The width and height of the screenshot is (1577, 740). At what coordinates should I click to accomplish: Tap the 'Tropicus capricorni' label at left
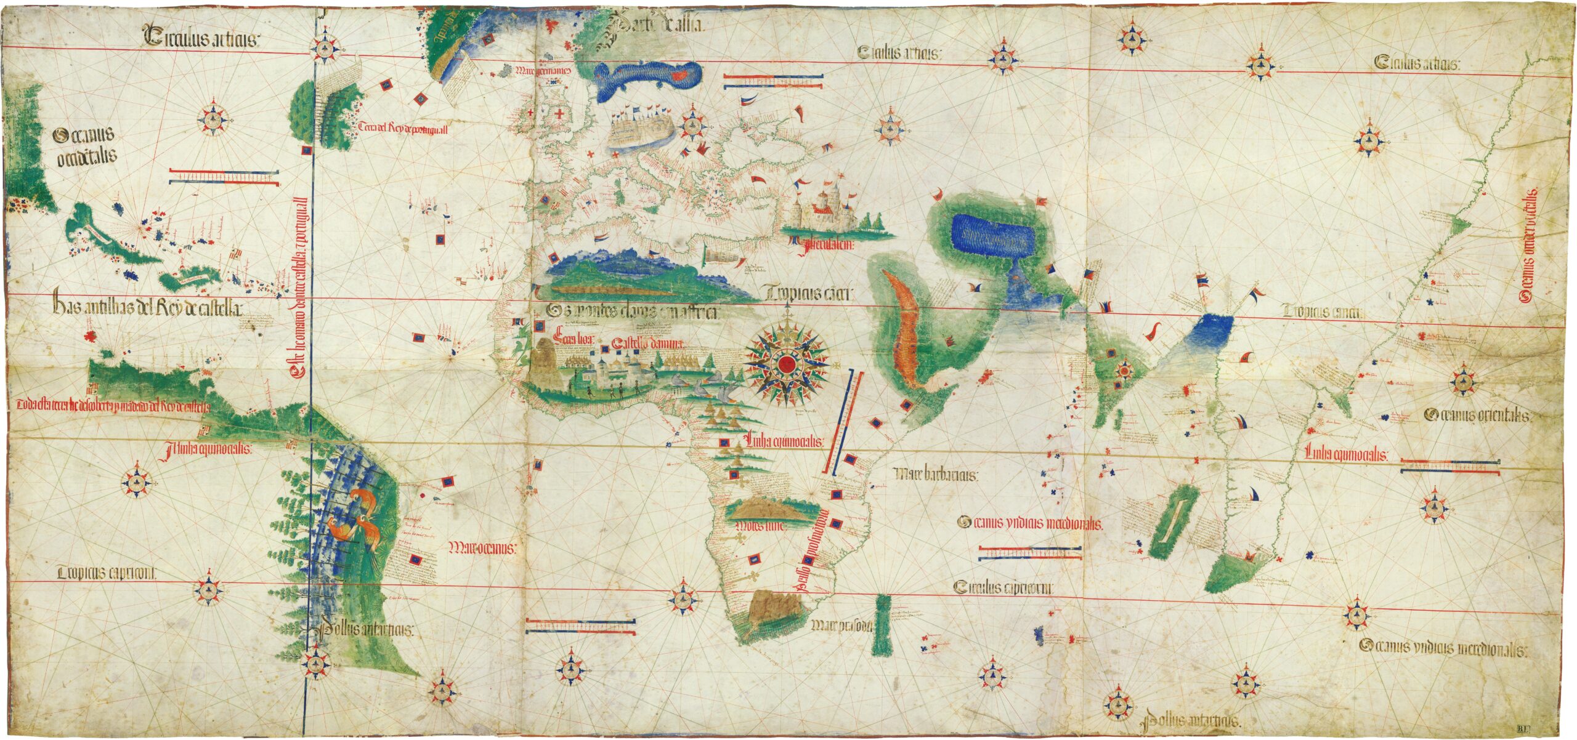point(108,573)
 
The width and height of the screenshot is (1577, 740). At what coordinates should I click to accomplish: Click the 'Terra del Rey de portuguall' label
point(405,128)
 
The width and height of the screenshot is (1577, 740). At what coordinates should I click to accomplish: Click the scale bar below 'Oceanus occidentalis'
point(225,177)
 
